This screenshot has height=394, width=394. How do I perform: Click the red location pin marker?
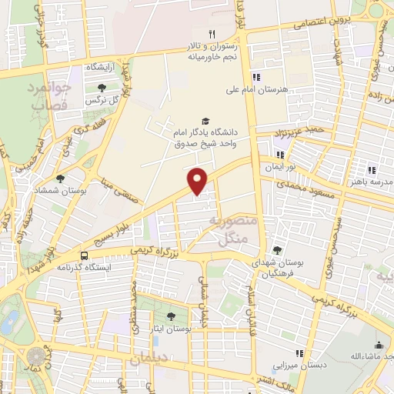[x=199, y=180]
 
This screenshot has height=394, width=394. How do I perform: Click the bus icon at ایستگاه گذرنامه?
[x=83, y=255]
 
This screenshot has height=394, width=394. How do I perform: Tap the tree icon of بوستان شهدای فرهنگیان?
[x=277, y=249]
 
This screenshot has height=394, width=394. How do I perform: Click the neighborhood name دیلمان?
[x=148, y=359]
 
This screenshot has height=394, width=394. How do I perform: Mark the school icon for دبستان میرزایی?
[x=299, y=353]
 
